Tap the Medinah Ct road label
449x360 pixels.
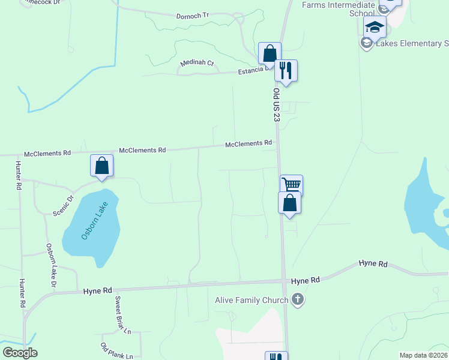[x=197, y=63]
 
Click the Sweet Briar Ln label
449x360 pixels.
[x=123, y=315]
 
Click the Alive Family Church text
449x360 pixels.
[x=252, y=299]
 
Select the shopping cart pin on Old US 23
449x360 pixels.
[x=292, y=185]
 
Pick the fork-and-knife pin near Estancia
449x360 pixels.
[x=286, y=70]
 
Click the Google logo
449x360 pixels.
[x=20, y=353]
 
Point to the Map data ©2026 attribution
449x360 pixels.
[x=421, y=355]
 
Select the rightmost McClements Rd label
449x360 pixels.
[x=249, y=144]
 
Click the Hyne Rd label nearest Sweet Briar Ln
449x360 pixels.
[x=98, y=290]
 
